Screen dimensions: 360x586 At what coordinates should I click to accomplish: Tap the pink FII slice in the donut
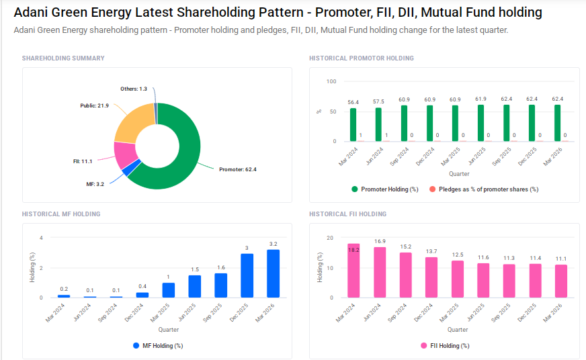(x=125, y=155)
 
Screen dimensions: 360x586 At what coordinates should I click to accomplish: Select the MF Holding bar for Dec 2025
(x=247, y=275)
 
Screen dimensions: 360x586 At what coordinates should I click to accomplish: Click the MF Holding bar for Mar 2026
(x=273, y=273)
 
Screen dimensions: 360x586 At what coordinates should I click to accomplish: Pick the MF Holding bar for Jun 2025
(x=195, y=286)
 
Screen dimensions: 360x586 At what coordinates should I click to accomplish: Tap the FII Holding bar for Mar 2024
(x=353, y=271)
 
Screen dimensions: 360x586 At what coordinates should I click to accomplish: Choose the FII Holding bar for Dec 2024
(x=431, y=277)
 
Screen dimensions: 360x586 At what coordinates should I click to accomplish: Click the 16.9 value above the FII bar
(x=380, y=241)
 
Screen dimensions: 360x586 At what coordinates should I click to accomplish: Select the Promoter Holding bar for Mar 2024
(x=353, y=125)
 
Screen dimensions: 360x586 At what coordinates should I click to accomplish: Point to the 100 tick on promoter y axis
(x=331, y=81)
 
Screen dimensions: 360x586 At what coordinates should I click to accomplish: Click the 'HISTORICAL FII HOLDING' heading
(x=347, y=214)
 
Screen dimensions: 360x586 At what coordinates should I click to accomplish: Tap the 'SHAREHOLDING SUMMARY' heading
(x=63, y=58)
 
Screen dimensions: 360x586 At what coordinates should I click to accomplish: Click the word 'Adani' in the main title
(x=33, y=13)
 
